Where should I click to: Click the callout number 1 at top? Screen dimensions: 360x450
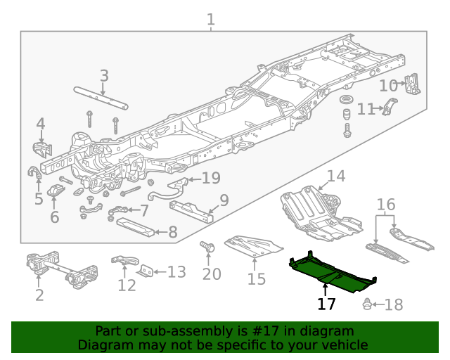pos(211,20)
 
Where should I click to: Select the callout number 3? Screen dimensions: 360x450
pos(104,75)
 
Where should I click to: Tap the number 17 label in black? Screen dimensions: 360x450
pos(326,304)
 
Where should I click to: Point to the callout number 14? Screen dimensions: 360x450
pos(336,176)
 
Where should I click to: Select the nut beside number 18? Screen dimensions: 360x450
pos(367,304)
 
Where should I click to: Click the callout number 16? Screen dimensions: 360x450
pos(385,205)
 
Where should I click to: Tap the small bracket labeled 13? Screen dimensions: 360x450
pos(147,271)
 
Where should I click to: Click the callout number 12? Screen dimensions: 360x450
pos(127,285)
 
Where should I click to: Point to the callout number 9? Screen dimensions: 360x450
pos(224,201)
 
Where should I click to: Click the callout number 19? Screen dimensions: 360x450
pos(211,178)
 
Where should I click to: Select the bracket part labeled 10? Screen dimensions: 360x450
pos(413,82)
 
